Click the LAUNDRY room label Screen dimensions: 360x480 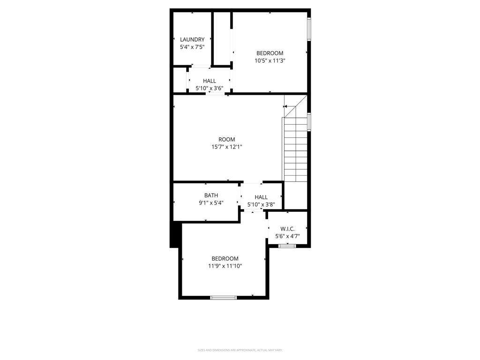point(192,40)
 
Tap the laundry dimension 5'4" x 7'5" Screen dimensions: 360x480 point(192,47)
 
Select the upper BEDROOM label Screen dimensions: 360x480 point(270,53)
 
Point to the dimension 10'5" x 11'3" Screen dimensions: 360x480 point(270,60)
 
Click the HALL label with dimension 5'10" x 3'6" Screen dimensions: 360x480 point(210,81)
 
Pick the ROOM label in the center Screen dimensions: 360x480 point(227,140)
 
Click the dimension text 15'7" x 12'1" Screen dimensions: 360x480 point(227,147)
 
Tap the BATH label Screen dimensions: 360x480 point(211,195)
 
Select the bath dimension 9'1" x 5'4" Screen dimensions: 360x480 point(211,203)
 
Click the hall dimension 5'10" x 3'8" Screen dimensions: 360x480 point(261,205)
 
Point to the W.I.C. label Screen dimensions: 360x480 point(287,229)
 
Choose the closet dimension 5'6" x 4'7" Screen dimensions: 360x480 point(287,237)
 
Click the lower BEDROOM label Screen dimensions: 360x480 point(225,259)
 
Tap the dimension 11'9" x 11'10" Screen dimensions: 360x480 point(225,266)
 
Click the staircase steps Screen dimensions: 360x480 point(295,150)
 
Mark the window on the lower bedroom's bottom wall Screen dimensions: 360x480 point(224,297)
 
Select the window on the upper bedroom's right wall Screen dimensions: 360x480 point(309,29)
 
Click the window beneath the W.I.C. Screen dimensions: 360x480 point(287,246)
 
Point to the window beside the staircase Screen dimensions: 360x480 point(309,121)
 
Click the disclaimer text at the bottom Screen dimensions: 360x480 point(240,350)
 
